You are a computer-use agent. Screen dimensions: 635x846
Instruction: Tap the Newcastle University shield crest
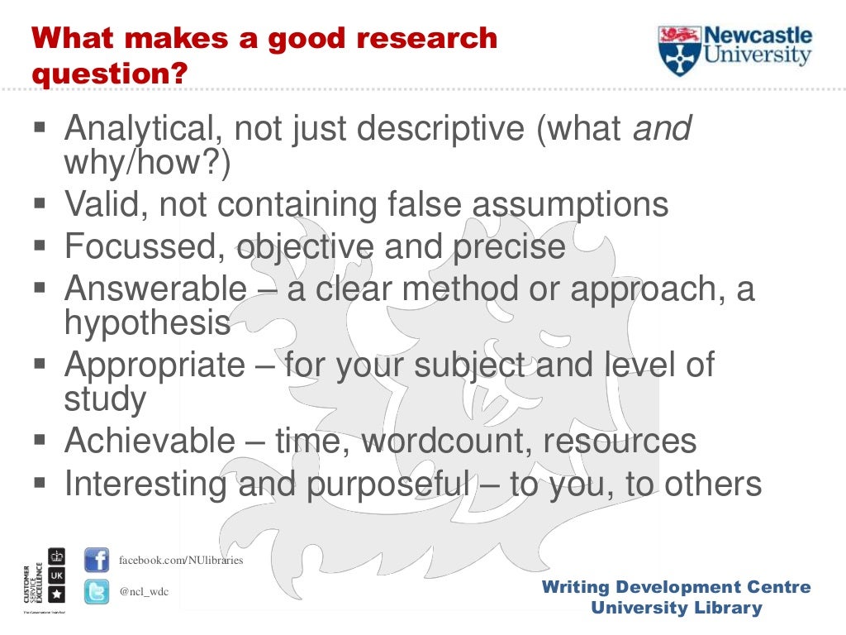679,50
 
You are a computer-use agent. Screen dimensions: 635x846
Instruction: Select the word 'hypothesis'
147,323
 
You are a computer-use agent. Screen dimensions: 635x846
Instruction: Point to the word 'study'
105,399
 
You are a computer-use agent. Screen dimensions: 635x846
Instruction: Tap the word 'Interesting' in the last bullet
146,484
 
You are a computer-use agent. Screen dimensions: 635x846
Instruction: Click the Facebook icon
97,560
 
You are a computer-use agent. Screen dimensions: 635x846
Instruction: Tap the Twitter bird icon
97,592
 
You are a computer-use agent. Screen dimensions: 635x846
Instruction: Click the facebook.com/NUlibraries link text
181,560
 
